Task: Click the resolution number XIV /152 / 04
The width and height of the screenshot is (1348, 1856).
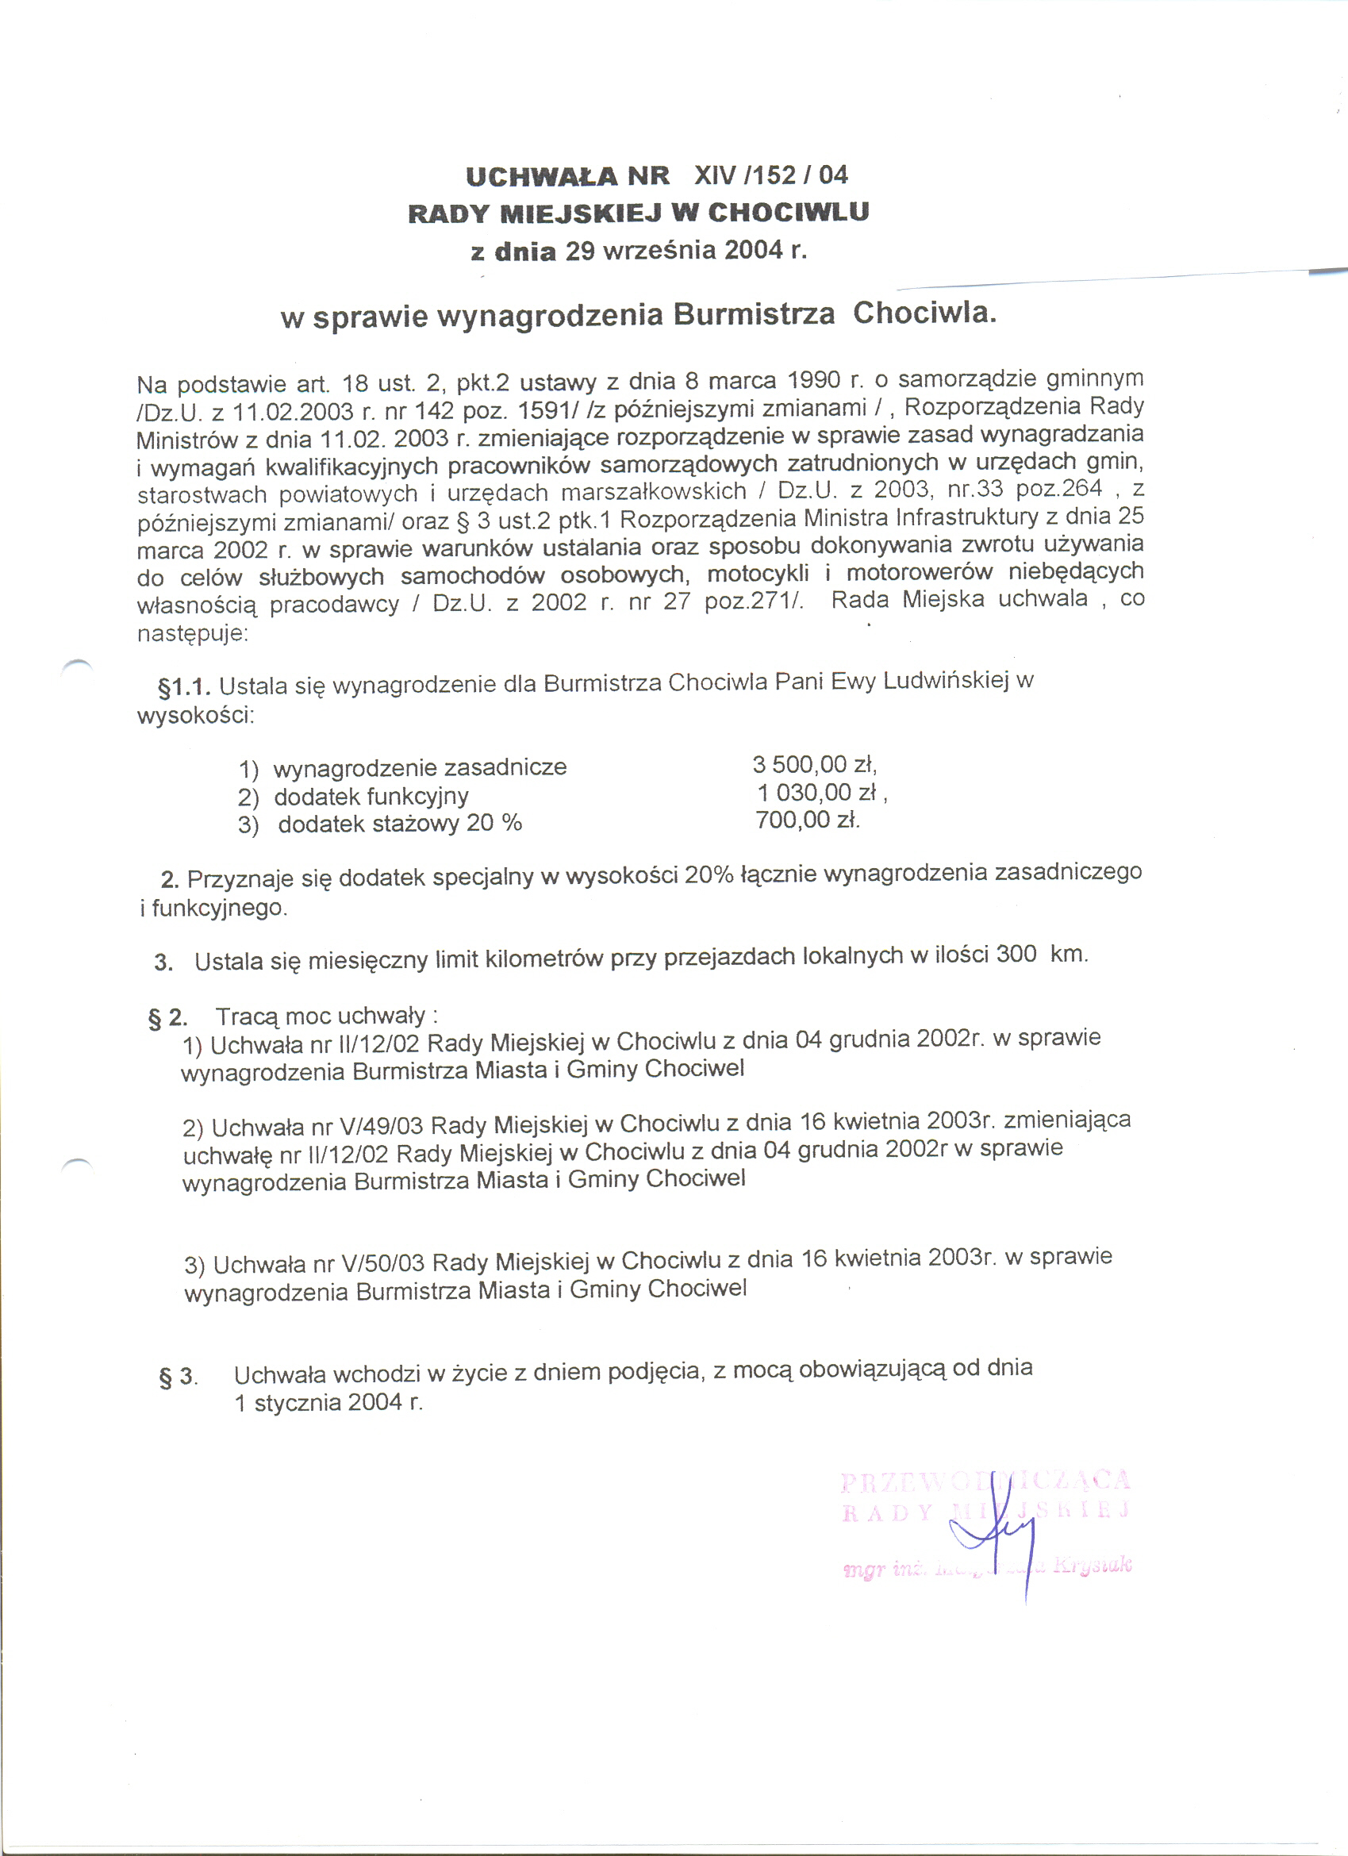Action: (771, 175)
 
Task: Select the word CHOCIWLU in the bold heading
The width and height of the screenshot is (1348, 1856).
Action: (788, 212)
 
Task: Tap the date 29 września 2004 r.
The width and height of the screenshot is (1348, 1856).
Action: (686, 250)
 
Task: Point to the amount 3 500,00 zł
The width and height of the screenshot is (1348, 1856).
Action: (814, 764)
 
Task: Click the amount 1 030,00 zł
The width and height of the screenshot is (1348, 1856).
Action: (822, 792)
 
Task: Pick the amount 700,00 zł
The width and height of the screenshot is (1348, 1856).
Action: (807, 819)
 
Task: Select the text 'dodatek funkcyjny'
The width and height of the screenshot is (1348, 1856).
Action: (371, 796)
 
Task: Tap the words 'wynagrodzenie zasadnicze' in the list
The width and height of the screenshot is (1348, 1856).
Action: (420, 767)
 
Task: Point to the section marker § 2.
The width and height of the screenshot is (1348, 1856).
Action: (167, 1018)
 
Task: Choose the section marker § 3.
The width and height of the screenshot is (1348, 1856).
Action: (178, 1377)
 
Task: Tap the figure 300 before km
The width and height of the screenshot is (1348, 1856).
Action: (1016, 955)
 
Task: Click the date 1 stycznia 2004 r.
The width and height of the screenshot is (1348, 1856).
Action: (328, 1403)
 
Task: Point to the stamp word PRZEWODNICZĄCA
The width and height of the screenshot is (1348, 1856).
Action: (985, 1481)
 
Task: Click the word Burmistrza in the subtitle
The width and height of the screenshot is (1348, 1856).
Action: (753, 314)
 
